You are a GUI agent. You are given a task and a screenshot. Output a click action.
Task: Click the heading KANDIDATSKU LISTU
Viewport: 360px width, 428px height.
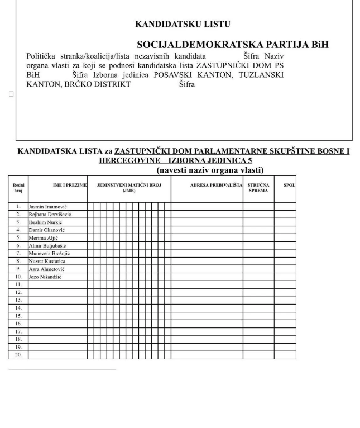[x=183, y=25]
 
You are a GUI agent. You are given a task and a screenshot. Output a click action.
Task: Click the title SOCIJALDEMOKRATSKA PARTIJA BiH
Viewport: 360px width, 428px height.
[x=233, y=45]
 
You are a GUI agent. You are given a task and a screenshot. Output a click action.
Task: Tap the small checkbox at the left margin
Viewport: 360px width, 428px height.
[x=11, y=94]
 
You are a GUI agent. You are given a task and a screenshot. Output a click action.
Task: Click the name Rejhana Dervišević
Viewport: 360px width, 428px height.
[x=50, y=214]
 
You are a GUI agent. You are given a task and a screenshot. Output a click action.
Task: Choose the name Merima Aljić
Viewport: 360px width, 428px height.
[x=44, y=237]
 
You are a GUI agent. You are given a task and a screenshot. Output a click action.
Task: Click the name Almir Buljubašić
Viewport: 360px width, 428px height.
[x=49, y=245]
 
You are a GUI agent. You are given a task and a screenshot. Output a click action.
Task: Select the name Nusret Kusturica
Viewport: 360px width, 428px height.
[x=48, y=261]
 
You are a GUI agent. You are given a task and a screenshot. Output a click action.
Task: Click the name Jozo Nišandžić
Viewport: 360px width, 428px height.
[x=45, y=277]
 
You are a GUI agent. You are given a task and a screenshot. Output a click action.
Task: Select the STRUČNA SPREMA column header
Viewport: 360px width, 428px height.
[x=258, y=187]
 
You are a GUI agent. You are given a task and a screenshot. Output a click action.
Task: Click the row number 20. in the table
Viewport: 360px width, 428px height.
[x=18, y=355]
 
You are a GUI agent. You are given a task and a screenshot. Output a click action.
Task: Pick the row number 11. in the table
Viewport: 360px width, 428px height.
[x=18, y=284]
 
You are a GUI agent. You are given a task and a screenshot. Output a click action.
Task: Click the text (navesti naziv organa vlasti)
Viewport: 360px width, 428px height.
[x=210, y=170]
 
